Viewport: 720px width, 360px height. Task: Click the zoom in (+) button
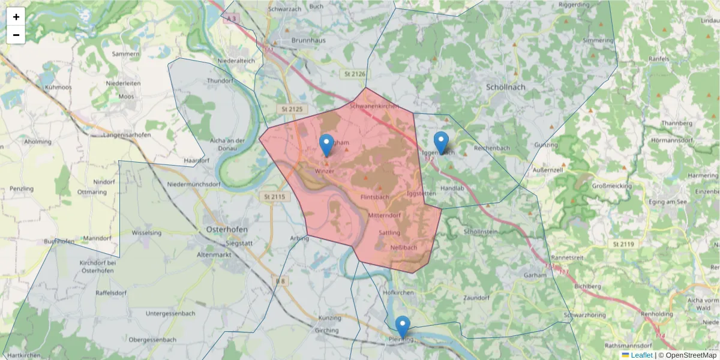click(x=16, y=17)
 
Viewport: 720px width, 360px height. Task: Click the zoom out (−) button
click(x=16, y=35)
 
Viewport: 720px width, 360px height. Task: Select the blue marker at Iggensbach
click(x=441, y=142)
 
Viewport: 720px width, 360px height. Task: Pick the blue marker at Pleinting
click(x=403, y=327)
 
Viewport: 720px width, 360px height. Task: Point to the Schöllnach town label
click(x=505, y=87)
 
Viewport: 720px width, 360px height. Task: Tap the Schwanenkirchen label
click(x=374, y=106)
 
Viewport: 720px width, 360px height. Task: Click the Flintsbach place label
click(x=375, y=197)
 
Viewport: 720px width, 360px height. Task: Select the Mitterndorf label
click(x=383, y=215)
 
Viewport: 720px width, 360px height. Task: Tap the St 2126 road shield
click(x=355, y=74)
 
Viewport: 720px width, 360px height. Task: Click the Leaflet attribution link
click(x=641, y=355)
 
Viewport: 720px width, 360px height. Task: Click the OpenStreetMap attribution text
click(x=687, y=355)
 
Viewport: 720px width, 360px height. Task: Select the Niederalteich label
click(x=236, y=61)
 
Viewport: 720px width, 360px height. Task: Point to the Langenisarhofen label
click(x=127, y=135)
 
